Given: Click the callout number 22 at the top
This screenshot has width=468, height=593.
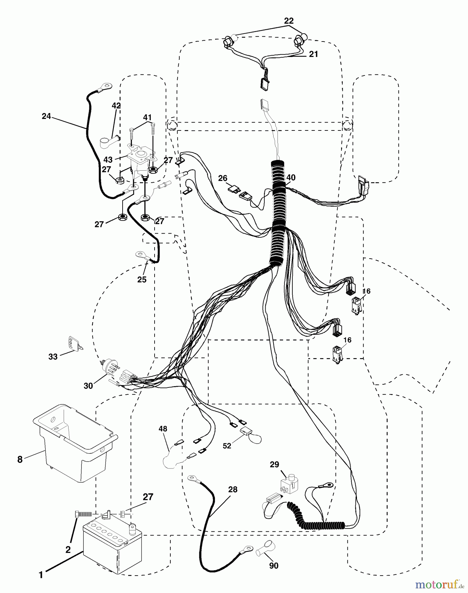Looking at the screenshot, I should point(289,21).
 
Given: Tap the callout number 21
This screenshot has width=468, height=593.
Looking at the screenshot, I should point(313,54).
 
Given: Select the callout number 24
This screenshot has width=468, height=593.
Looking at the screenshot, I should point(46,116).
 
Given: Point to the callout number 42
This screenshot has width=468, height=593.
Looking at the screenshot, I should point(116,106).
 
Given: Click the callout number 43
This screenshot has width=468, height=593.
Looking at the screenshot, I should point(108,159).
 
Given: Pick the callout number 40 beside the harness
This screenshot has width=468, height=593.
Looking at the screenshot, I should point(291,178).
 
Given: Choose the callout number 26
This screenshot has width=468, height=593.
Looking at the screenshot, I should point(223,178).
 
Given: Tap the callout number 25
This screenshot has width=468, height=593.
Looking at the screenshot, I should point(142,279).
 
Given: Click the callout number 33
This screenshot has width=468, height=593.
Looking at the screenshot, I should point(53,356).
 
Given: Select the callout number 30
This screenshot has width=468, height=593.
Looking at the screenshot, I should point(88,385).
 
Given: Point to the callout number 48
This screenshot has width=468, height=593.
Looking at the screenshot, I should point(163,429).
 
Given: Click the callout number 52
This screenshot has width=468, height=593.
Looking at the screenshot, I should point(227,446).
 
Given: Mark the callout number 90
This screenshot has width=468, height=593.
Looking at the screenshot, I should point(274,566).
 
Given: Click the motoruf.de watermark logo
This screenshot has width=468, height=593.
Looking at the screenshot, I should point(438,584).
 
